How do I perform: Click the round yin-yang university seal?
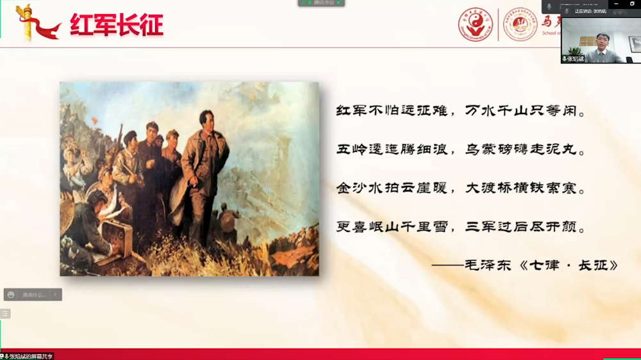476,24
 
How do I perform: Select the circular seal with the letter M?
520,24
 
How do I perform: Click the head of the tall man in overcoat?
206,119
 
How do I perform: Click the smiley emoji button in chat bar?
11,295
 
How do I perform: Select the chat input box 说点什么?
35,295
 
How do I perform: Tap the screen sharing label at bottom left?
28,356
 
